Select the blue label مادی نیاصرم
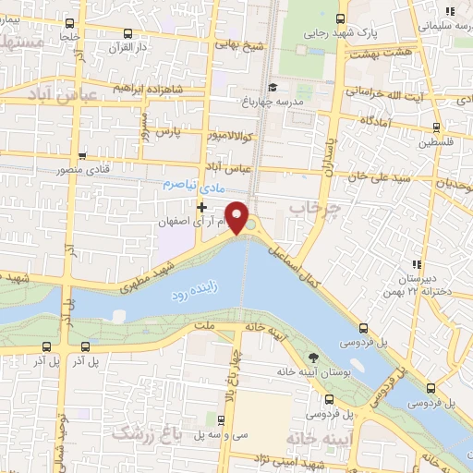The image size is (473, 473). [x=181, y=184]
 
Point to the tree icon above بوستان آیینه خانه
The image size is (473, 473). [x=314, y=357]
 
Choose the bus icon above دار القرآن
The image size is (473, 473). [x=127, y=32]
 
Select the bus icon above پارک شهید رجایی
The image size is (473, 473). [x=341, y=18]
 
